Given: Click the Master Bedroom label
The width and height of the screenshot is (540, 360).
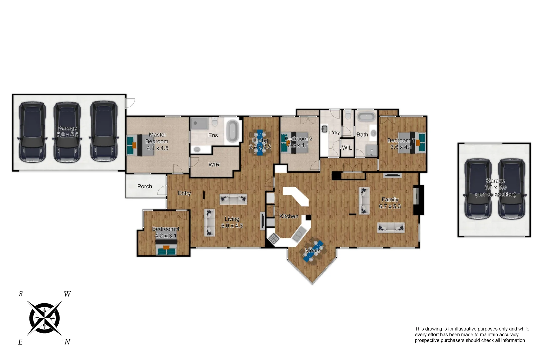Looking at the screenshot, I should tap(157, 138).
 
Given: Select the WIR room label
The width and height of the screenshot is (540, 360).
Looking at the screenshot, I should tap(214, 165).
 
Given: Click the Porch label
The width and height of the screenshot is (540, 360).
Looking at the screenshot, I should tap(145, 186).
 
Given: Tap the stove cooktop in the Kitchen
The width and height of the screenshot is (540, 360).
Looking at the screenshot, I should tap(274, 238).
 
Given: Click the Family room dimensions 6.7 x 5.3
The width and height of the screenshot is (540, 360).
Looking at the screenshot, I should tap(390, 206).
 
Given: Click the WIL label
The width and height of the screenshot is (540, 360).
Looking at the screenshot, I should tap(347, 148).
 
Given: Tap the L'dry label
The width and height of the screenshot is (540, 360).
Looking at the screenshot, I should tap(334, 132).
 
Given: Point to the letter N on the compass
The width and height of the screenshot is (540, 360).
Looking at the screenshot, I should tap(67, 342).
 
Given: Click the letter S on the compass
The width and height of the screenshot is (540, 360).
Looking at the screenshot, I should tap(21, 294).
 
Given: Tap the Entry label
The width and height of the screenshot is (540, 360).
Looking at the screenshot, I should tap(184, 193).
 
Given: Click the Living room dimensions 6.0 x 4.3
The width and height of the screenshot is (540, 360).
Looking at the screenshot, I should tap(232, 226).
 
